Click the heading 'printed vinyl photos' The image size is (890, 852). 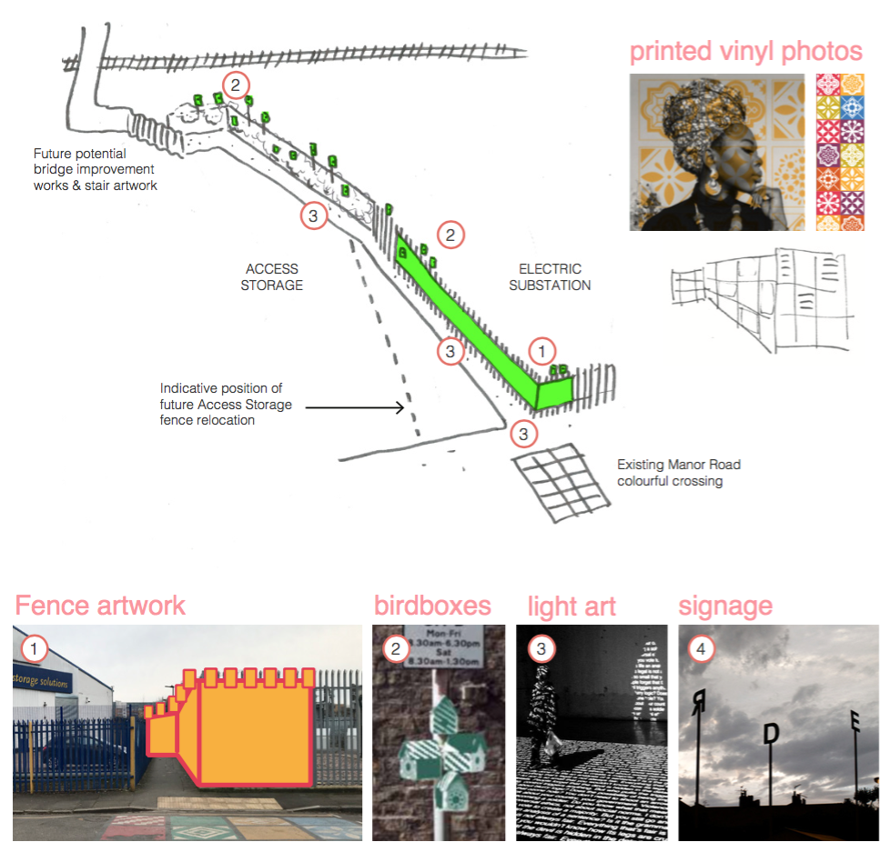(746, 51)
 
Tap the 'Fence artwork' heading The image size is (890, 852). (100, 606)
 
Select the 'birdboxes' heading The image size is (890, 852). (432, 606)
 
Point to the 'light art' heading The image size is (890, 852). (571, 606)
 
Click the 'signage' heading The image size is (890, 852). (725, 606)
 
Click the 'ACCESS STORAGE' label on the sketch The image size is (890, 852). (272, 277)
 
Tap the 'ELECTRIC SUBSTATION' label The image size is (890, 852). (550, 277)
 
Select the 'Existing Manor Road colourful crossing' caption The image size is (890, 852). (679, 472)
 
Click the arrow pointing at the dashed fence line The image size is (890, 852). (355, 408)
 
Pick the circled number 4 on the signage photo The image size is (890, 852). (700, 648)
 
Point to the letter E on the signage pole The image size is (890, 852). (855, 724)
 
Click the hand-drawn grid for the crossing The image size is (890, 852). (560, 482)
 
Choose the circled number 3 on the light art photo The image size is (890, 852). (541, 648)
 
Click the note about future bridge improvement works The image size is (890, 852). (95, 170)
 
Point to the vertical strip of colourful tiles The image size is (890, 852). (840, 152)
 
